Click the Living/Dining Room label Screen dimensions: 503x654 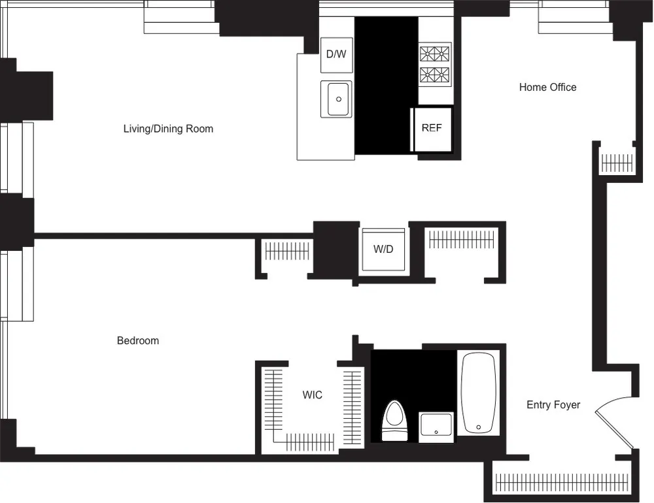coord(168,129)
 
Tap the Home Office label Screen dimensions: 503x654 coord(547,87)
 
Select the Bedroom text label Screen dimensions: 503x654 coord(137,340)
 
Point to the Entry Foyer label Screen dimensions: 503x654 coord(553,405)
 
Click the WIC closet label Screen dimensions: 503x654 coord(312,395)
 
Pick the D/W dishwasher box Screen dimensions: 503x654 coord(336,54)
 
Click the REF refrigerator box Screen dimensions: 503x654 coord(432,129)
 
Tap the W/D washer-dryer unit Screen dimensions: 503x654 coord(383,250)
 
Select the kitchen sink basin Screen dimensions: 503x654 coord(336,99)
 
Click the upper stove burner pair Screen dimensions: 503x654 coord(435,53)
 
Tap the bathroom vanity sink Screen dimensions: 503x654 coord(436,427)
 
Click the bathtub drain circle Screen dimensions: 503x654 coord(479,427)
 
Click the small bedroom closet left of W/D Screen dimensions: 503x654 coord(286,251)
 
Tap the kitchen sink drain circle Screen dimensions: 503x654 coord(339,99)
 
